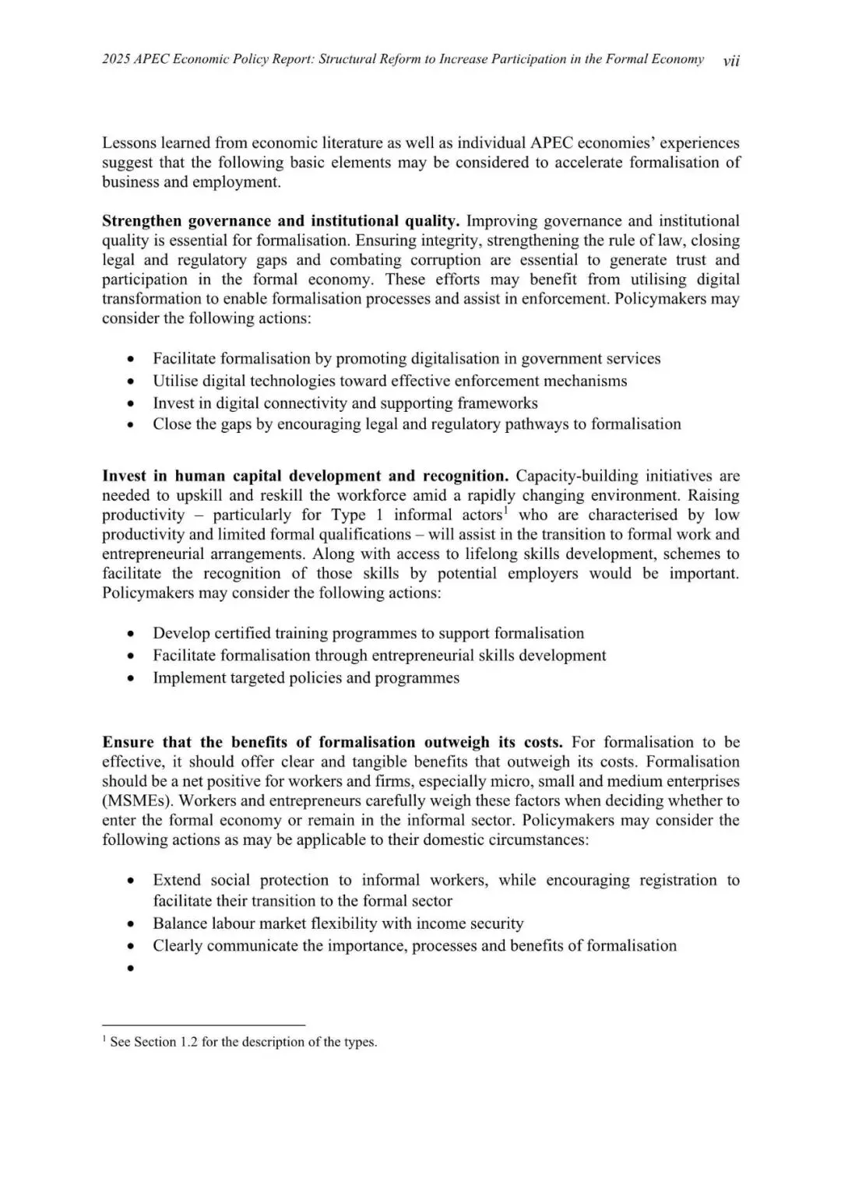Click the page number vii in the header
point(730,61)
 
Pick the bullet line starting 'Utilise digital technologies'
point(389,381)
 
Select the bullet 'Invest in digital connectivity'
point(345,403)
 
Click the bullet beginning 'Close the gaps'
point(417,424)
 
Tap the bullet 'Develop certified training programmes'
point(368,633)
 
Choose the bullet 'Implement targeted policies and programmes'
point(306,677)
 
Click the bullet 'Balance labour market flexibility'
point(338,923)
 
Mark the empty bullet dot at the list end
point(132,968)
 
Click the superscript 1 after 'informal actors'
point(505,511)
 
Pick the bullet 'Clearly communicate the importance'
point(414,945)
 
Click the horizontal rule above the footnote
point(203,1025)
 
